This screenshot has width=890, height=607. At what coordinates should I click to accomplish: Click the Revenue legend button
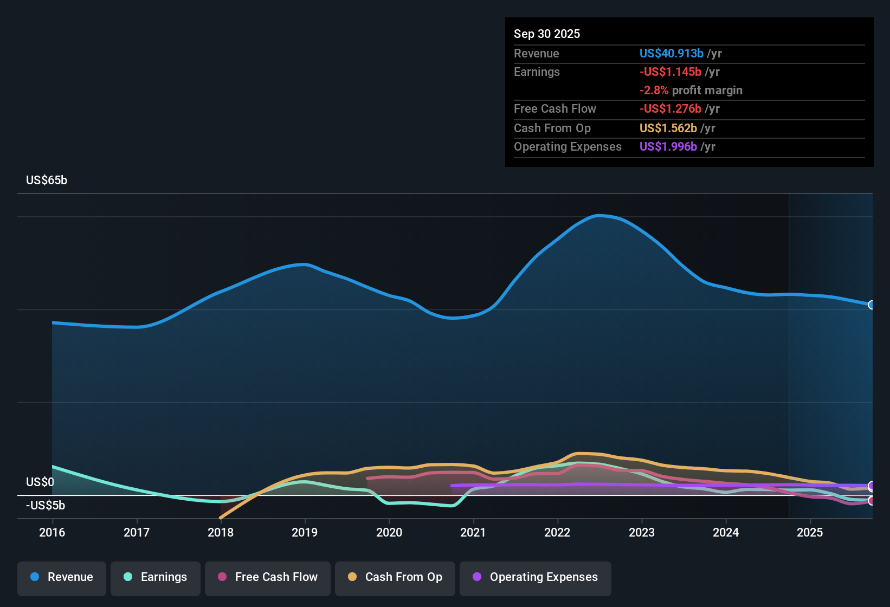(62, 577)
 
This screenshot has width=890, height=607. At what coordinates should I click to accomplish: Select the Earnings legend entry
(155, 577)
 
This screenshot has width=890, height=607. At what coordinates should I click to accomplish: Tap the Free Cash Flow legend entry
(267, 577)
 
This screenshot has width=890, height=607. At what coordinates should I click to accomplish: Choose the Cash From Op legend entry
(395, 577)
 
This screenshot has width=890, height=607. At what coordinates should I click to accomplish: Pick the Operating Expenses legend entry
(535, 577)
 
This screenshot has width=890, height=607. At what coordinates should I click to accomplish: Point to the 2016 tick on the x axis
(52, 532)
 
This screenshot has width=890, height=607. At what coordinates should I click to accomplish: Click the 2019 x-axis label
(305, 532)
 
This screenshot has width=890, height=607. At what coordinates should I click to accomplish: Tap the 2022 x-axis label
(557, 532)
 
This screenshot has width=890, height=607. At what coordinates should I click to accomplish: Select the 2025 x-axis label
(810, 532)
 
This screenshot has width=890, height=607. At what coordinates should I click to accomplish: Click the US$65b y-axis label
(47, 180)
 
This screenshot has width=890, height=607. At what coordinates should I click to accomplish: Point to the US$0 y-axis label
(40, 482)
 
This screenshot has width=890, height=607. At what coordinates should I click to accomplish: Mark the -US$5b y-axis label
(46, 505)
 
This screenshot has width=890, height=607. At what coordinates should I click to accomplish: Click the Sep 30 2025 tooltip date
(546, 34)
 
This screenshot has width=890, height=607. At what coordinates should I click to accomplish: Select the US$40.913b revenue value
(671, 53)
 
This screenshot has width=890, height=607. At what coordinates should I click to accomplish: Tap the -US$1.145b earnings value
(670, 72)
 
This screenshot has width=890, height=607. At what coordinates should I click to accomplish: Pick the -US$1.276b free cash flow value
(670, 108)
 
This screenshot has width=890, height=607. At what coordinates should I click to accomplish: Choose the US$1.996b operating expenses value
(668, 146)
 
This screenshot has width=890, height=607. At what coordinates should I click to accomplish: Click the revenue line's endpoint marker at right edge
(871, 305)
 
